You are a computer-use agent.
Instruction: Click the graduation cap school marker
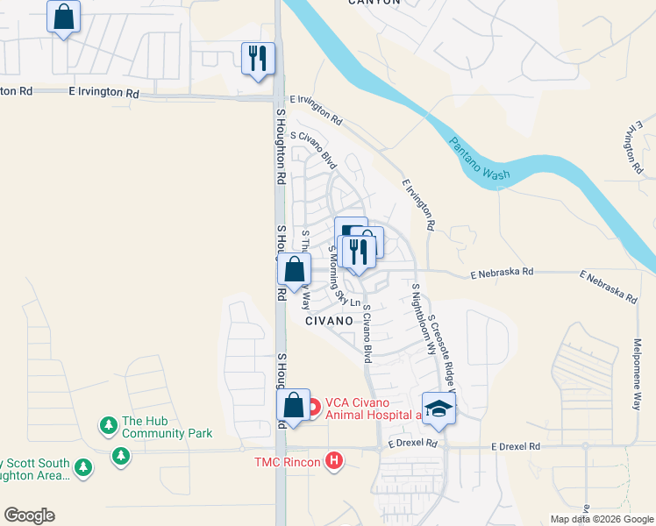pos(438,408)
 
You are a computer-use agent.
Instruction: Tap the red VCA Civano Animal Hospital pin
pos(313,409)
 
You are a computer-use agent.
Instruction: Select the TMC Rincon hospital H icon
pos(333,459)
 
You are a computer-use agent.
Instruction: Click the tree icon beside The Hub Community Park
pos(109,426)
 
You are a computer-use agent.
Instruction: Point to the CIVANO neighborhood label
pos(329,321)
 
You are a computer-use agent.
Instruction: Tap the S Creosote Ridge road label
pos(443,351)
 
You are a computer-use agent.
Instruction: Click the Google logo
pos(29,515)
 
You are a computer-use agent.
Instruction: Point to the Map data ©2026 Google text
pos(602,519)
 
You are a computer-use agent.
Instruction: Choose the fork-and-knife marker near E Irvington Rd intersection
pos(258,59)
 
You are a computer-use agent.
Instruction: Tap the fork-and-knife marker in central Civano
pos(357,252)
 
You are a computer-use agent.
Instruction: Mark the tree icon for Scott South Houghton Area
pos(83,468)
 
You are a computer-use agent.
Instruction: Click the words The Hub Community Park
pos(167,427)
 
